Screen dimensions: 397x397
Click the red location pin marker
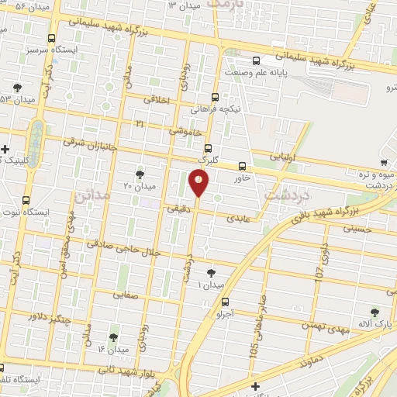point(199,183)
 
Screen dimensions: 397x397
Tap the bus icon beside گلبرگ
point(207,148)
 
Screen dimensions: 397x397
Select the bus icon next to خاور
point(243,166)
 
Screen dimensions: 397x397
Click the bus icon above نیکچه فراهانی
point(215,98)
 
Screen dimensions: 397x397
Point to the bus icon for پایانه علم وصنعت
point(257,60)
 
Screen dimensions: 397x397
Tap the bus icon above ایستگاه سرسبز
point(51,38)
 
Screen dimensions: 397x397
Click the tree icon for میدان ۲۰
point(140,174)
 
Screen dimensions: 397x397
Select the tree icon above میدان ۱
point(211,272)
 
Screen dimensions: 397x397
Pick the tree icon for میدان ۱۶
point(113,337)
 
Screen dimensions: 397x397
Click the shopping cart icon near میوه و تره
point(383,164)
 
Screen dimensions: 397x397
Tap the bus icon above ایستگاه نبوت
point(26,200)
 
